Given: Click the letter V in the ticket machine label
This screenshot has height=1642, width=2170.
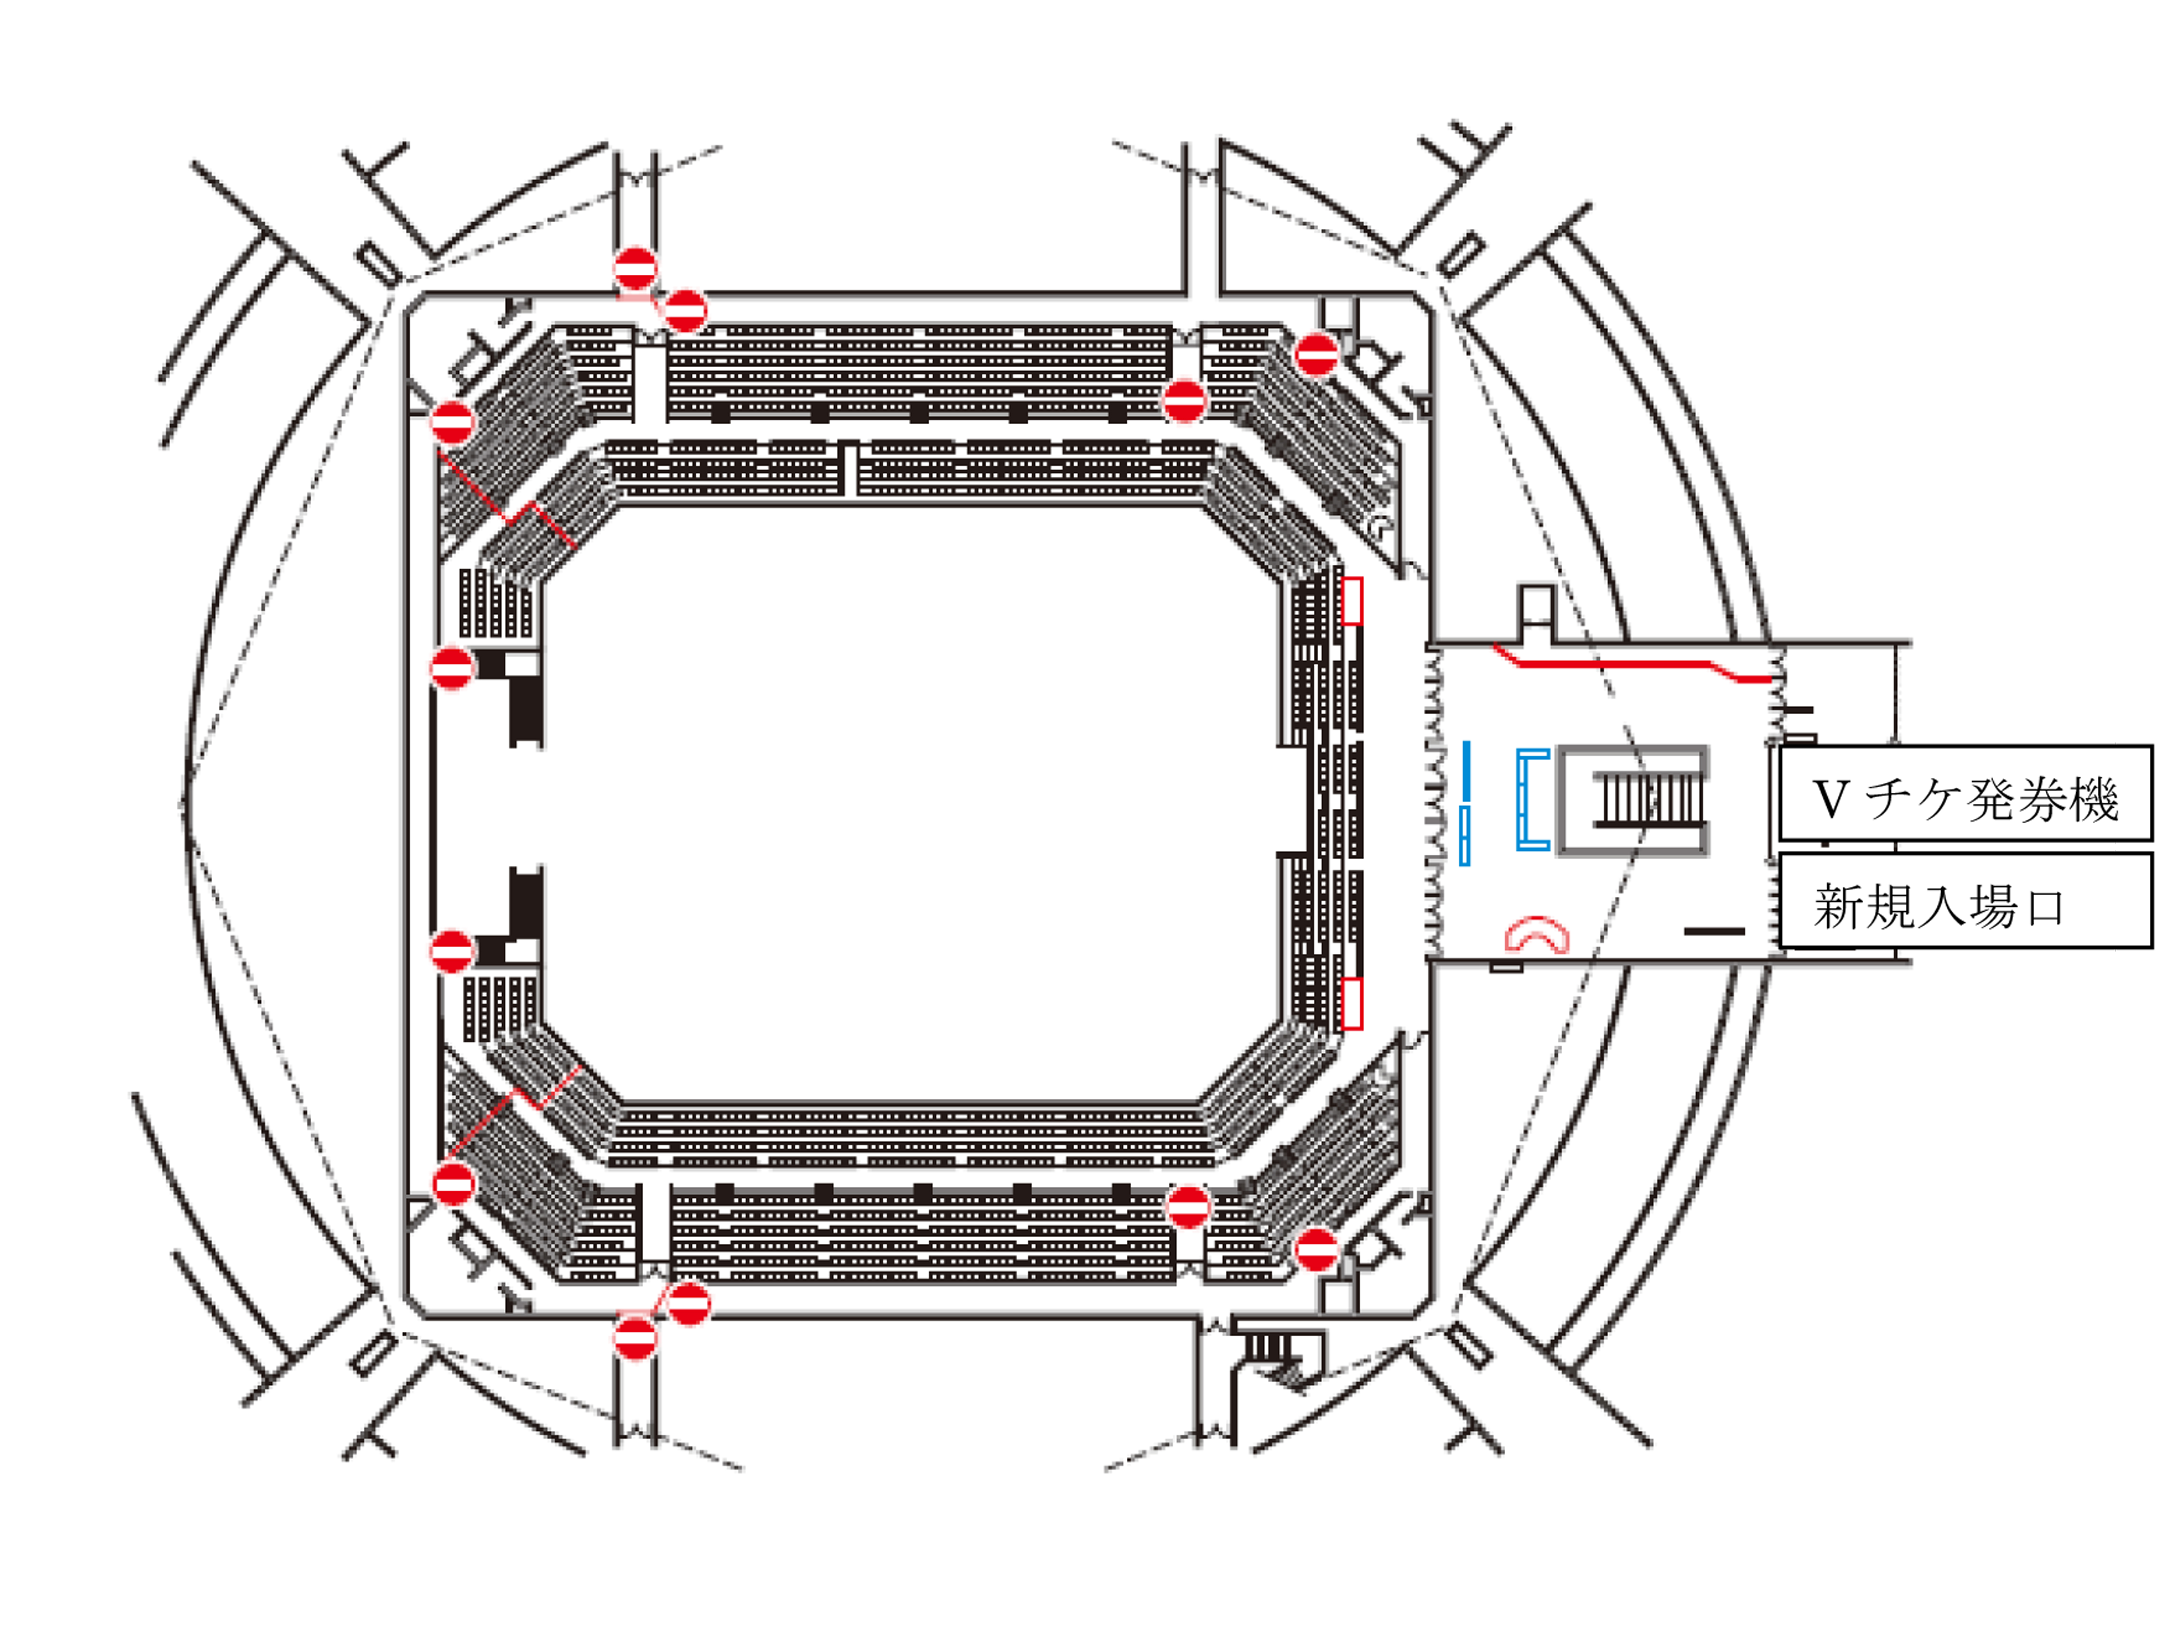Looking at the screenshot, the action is pos(1831,800).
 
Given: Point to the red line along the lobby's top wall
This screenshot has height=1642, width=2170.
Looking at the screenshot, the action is pos(1633,664).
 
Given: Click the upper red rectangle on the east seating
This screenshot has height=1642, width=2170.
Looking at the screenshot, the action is pos(1352,601).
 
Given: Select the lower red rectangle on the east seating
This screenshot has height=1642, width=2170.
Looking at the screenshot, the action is pos(1352,1003).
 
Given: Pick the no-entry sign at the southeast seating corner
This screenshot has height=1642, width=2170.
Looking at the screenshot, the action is pos(1317,1250).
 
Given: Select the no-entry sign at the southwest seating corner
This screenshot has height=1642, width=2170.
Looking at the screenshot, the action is pos(453,1185).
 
